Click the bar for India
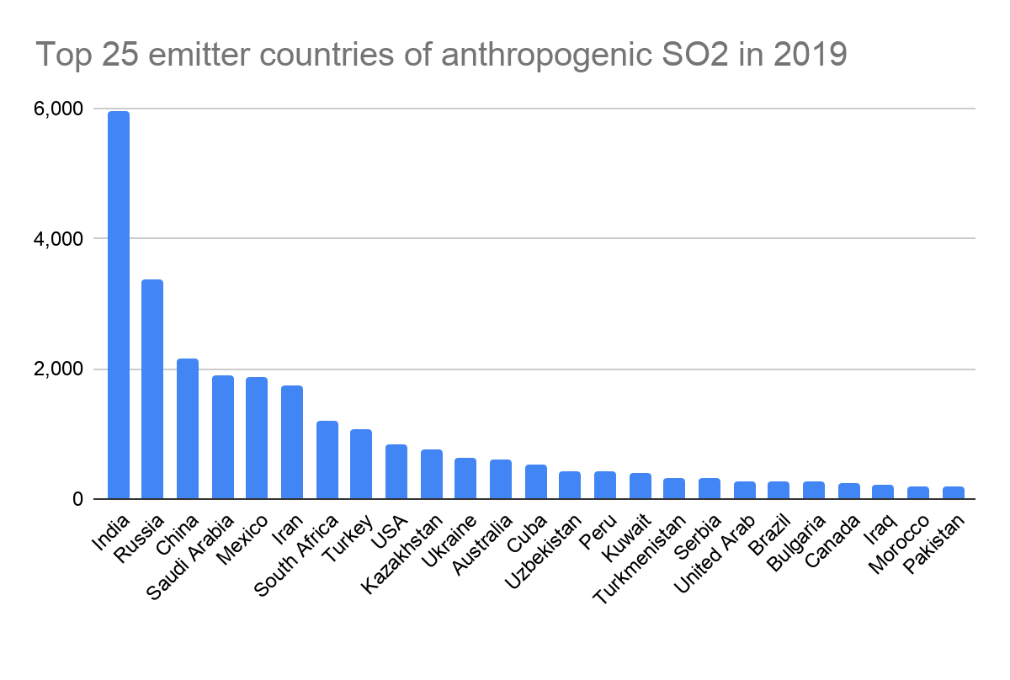pyautogui.click(x=118, y=305)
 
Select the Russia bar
pyautogui.click(x=152, y=389)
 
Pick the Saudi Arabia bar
pyautogui.click(x=222, y=437)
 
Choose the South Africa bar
pyautogui.click(x=327, y=460)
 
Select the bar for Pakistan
pyautogui.click(x=954, y=492)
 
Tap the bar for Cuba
pyautogui.click(x=535, y=481)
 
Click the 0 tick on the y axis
pyautogui.click(x=77, y=499)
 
